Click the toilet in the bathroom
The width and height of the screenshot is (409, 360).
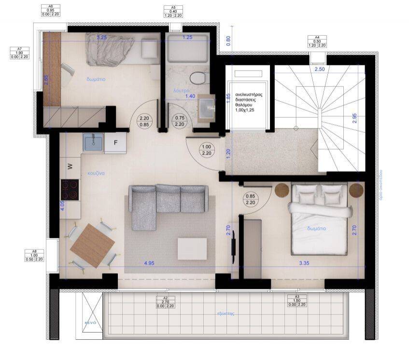point(196,77)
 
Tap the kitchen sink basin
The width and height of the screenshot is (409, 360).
point(92,142)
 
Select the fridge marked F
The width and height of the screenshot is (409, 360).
point(116,143)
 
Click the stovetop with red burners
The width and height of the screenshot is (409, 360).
point(70,189)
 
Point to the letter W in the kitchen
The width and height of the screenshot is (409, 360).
point(70,166)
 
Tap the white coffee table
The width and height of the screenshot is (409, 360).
point(192,249)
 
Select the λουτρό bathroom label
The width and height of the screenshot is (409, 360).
point(181,90)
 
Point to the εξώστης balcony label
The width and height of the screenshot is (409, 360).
point(226,313)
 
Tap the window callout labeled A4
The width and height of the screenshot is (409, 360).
point(317,41)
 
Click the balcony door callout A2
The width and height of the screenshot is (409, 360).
point(166,302)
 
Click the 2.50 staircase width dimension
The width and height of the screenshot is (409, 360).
point(319,70)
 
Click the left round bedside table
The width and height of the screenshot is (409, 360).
point(282,191)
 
